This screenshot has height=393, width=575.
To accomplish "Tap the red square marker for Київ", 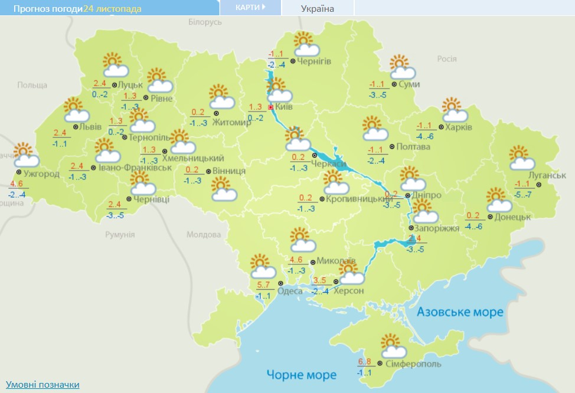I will click(x=271, y=108).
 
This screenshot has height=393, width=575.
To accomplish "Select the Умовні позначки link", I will click(x=43, y=385).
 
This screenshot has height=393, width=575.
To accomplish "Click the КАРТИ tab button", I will click(x=249, y=7).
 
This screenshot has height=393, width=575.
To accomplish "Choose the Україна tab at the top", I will click(x=317, y=8).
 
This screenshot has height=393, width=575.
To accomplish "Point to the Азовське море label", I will click(x=460, y=312).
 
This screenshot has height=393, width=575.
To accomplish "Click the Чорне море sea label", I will click(x=301, y=375).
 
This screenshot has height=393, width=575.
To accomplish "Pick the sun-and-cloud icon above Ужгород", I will click(x=25, y=155).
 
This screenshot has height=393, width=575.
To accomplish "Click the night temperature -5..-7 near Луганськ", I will click(x=523, y=194).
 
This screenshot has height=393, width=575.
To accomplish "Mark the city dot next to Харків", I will click(x=440, y=127).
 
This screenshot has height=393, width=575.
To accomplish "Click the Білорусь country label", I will click(x=205, y=21).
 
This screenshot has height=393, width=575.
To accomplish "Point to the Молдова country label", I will click(x=203, y=234).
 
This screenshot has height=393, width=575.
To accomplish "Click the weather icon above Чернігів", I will click(x=306, y=44).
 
